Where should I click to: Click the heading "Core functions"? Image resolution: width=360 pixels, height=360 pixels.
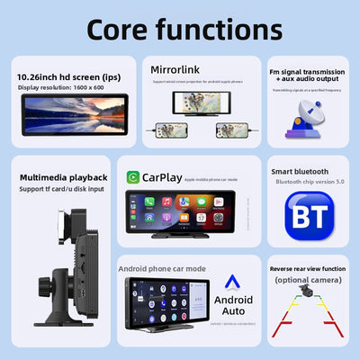point(180,29)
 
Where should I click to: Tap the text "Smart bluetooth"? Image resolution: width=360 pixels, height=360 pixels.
point(300,171)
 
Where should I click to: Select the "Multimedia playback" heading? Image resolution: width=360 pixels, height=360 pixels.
point(64,177)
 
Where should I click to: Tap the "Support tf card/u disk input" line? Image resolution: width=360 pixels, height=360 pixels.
point(63,188)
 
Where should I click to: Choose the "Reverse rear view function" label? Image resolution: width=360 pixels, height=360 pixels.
point(308,266)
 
